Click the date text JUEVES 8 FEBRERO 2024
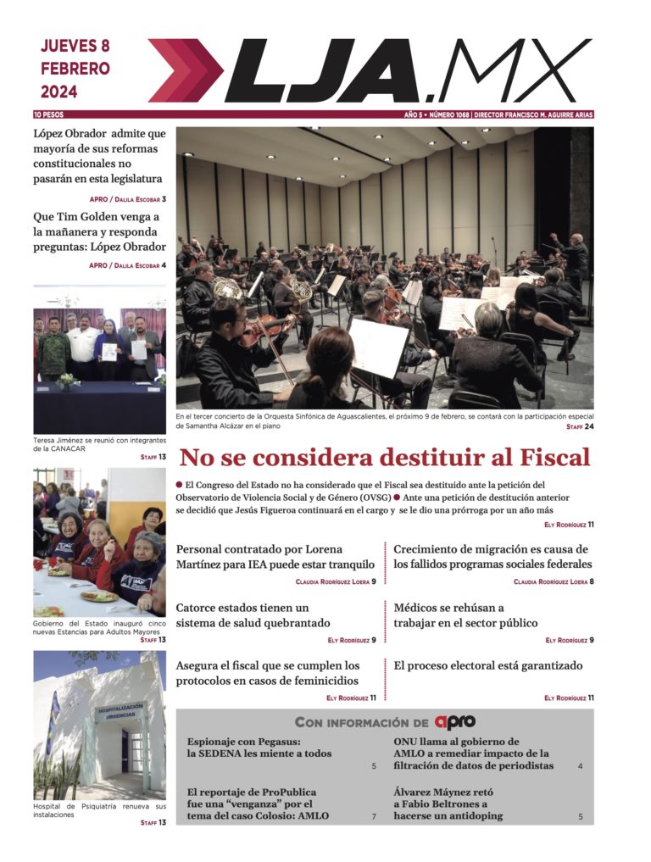pos(75,69)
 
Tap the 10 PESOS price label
pos(48,114)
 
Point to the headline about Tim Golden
pos(99,231)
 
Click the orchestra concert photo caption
pos(373,421)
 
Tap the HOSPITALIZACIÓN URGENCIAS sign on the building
pos(120,711)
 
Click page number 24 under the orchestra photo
pos(588,427)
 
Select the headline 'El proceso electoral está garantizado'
pos(488,666)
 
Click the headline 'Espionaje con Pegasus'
pos(259,747)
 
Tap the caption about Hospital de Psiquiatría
pos(99,809)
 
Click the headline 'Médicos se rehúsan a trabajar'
pos(465,615)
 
